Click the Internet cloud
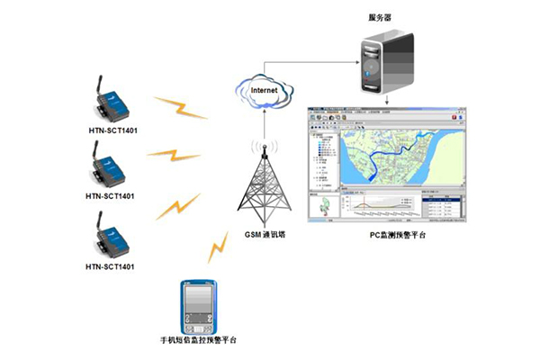263,92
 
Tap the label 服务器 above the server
380,17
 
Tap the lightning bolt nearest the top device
182,107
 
